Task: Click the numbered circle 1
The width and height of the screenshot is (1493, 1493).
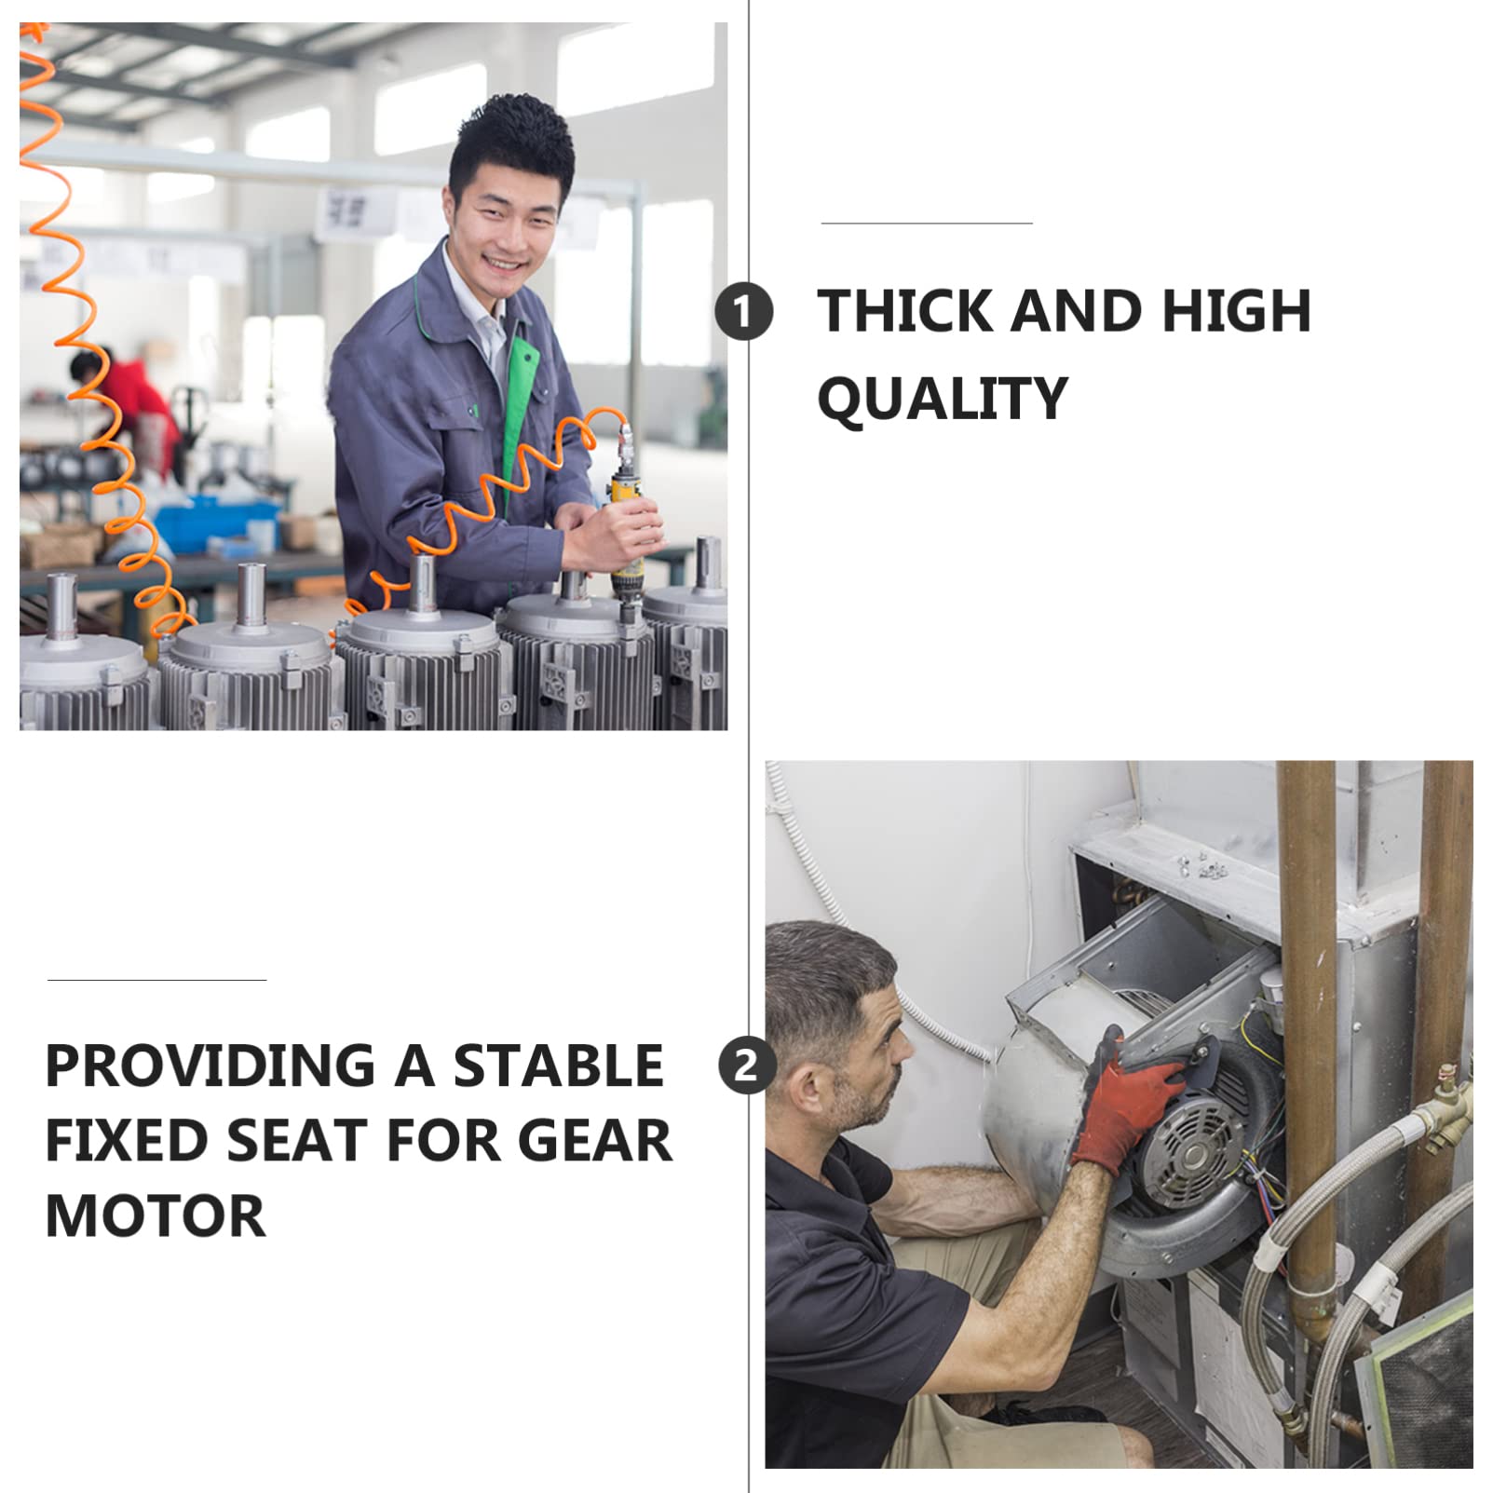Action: point(743,312)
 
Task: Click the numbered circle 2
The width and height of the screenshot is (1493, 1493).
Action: point(746,1065)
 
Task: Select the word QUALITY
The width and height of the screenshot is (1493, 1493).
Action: point(942,399)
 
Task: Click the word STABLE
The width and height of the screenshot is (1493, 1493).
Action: point(558,1065)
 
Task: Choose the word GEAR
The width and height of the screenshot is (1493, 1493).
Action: point(593,1141)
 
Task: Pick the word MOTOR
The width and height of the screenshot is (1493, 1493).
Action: point(156,1216)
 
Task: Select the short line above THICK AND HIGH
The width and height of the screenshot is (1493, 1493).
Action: point(927,224)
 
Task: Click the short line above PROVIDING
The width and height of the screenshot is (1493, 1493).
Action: point(156,980)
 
